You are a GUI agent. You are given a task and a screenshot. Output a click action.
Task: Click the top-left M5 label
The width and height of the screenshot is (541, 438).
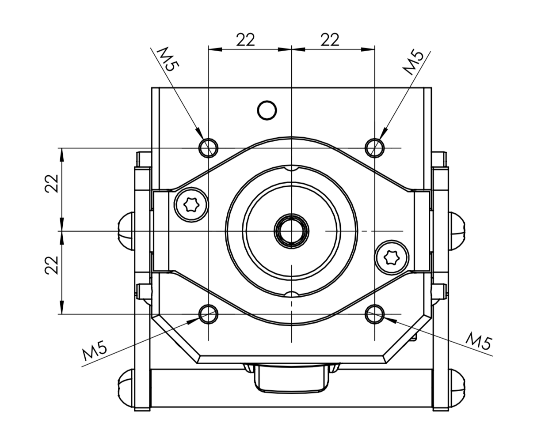[x=168, y=59]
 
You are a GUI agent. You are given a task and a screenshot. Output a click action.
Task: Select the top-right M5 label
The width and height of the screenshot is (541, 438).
[x=413, y=62]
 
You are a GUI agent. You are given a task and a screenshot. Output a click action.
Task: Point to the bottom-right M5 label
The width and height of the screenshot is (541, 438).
[x=479, y=341]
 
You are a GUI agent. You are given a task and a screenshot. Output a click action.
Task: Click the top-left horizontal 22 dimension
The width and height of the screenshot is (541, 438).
[x=245, y=40]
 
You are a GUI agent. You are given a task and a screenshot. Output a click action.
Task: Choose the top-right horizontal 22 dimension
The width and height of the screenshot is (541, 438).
[x=330, y=40]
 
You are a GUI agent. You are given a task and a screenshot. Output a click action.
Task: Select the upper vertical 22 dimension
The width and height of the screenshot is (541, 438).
[x=52, y=184]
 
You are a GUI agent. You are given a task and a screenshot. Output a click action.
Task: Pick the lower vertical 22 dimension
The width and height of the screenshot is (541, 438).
[x=52, y=265]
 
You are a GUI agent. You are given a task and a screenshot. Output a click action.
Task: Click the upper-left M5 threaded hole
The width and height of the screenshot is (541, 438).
[x=208, y=148]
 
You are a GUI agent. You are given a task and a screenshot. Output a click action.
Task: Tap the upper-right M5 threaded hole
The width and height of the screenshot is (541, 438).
[x=375, y=148]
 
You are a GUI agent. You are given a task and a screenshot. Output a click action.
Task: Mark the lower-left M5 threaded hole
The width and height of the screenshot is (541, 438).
[x=208, y=314]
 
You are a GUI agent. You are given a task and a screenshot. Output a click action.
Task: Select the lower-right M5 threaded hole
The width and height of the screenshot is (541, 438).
[x=375, y=314]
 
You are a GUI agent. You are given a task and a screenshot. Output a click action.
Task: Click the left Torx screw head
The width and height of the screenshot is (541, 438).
[x=191, y=205]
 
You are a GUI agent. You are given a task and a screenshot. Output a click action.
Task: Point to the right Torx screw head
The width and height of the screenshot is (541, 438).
[x=392, y=257]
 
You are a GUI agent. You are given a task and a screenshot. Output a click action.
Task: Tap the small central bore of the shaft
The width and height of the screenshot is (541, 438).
[x=291, y=231]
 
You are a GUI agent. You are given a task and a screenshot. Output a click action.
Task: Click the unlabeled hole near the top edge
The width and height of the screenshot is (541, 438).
[x=267, y=110]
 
